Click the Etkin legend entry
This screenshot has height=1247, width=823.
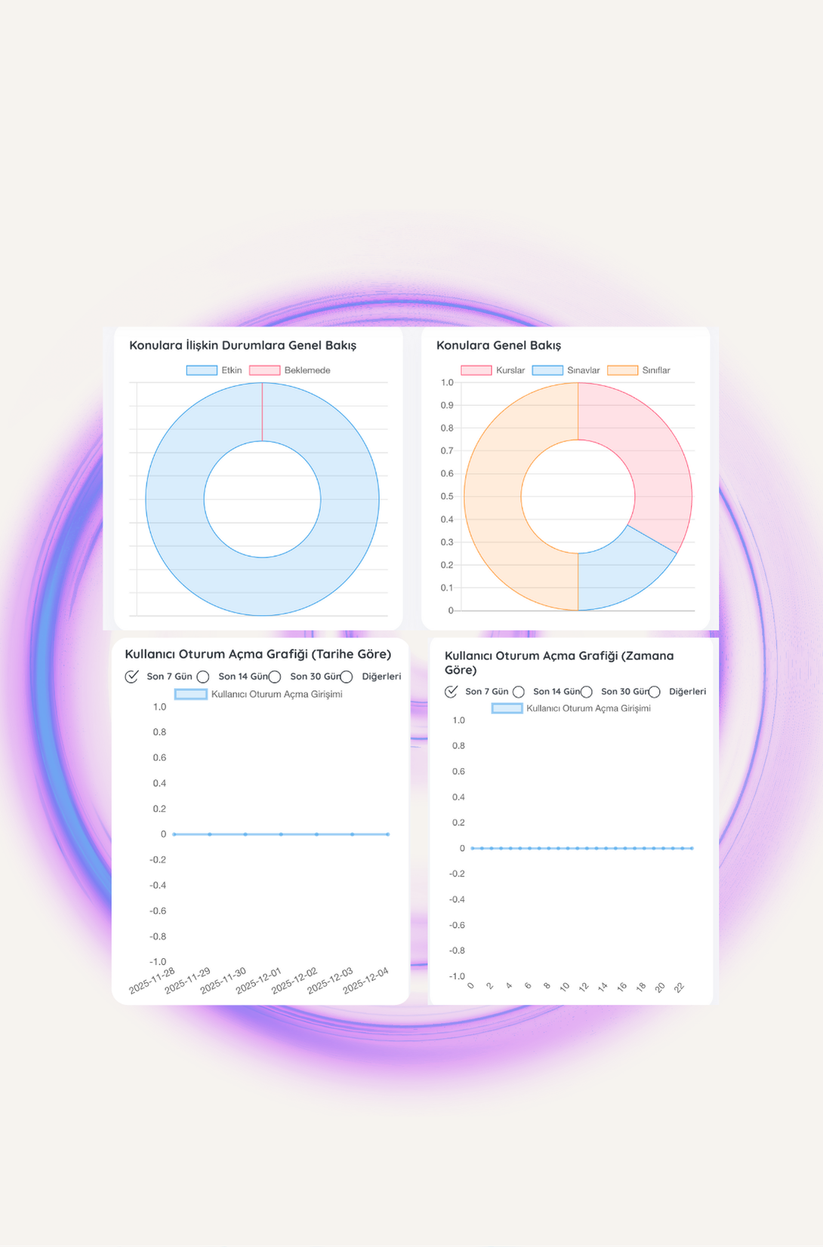tap(214, 370)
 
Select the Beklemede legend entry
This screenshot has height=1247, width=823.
tap(290, 370)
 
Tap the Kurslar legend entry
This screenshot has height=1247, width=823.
tap(493, 370)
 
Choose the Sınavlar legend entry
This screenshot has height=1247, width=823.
tap(566, 370)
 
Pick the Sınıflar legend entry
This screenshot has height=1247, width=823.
tap(639, 370)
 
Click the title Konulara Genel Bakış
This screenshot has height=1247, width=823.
tap(498, 346)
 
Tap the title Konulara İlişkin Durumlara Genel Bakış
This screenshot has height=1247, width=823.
tap(242, 346)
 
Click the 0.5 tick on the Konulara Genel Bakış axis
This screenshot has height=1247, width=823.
tap(447, 496)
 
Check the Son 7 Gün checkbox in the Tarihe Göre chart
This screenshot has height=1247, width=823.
tap(132, 677)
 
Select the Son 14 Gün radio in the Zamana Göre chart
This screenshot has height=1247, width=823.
tap(519, 692)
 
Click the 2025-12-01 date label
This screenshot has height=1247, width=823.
tap(259, 981)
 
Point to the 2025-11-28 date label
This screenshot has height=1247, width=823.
tap(153, 981)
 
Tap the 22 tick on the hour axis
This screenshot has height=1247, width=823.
tap(679, 987)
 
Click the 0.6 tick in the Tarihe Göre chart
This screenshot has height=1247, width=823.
tap(159, 757)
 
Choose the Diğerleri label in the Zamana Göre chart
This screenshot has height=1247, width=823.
tap(687, 692)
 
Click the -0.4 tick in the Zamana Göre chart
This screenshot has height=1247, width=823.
tap(457, 899)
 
